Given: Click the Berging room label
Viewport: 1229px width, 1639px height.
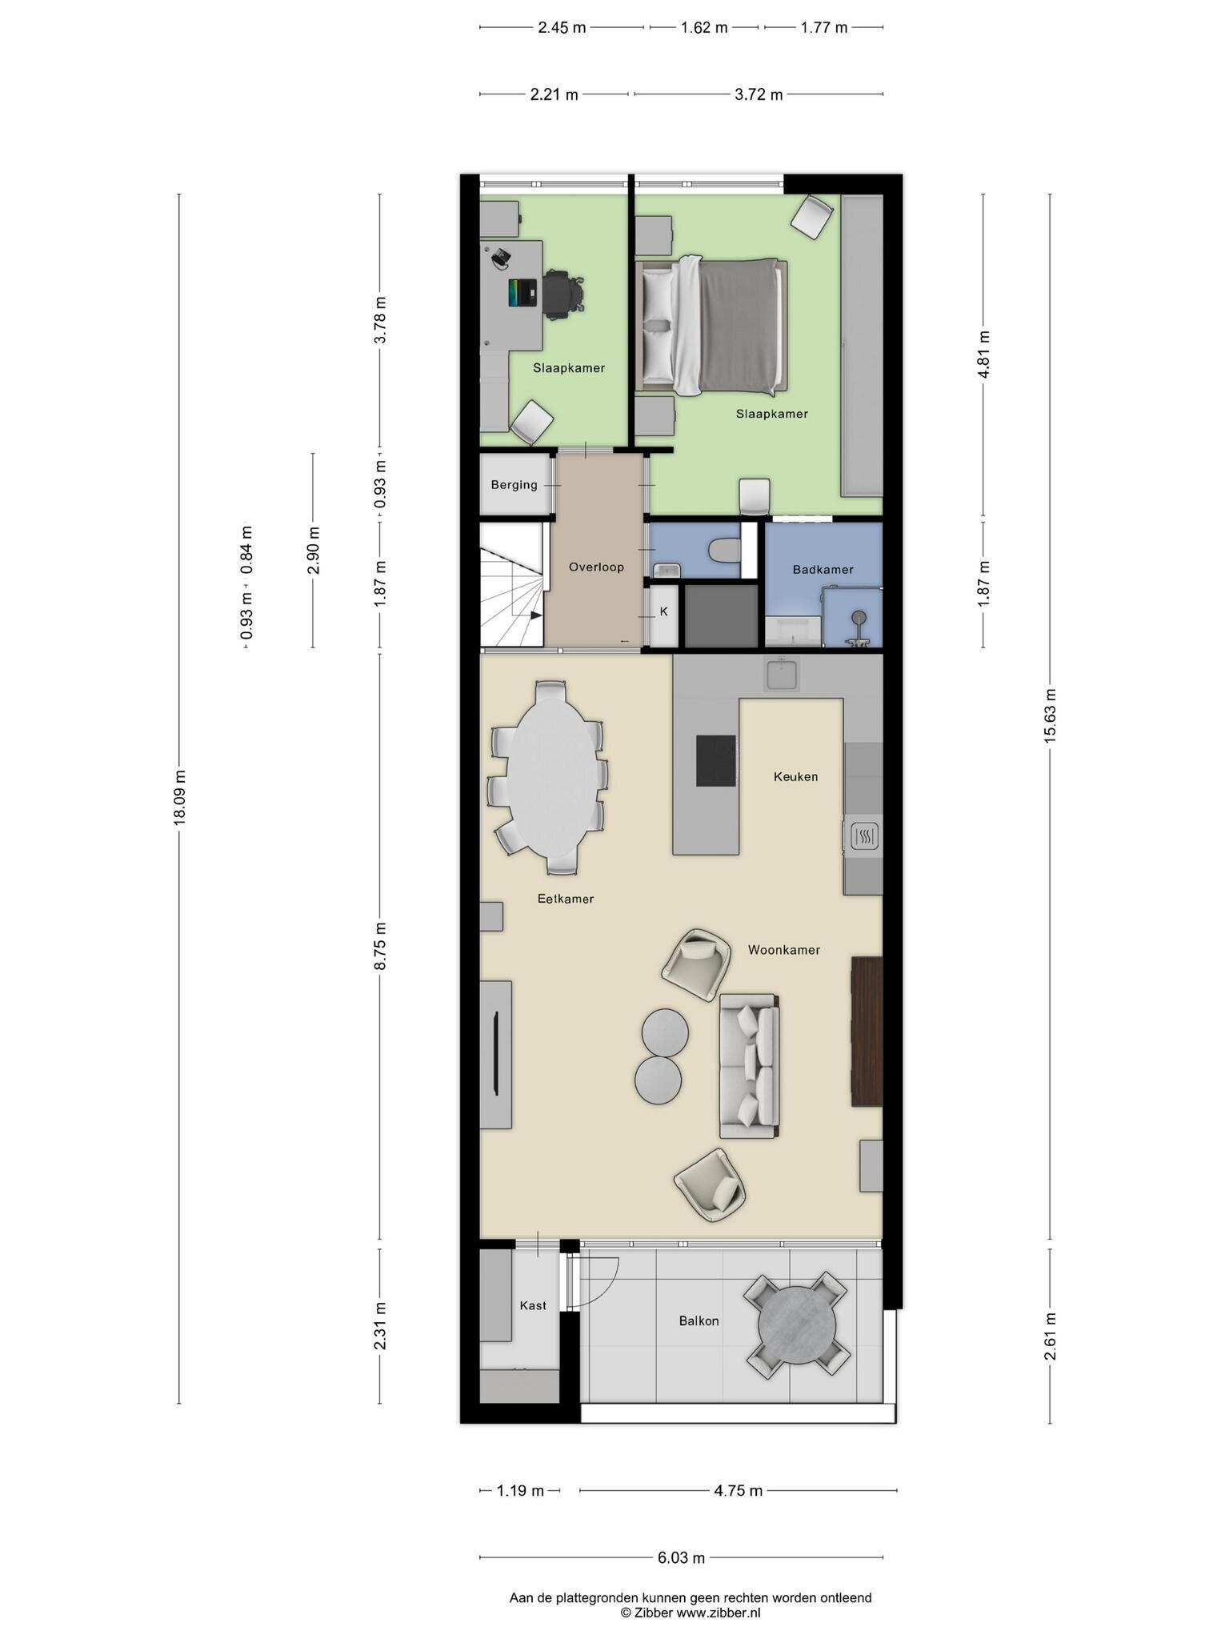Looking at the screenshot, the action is (x=514, y=485).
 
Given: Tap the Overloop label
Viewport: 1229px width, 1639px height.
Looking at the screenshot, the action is (x=596, y=567).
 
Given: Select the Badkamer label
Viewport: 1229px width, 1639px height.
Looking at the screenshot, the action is (x=823, y=570).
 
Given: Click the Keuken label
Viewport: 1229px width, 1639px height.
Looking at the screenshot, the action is (x=795, y=776).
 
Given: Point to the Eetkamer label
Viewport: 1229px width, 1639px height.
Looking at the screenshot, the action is (x=565, y=899).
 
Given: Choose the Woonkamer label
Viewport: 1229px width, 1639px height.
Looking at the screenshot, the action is (x=783, y=950).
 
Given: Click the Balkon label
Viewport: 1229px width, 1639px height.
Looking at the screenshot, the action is (x=699, y=1320).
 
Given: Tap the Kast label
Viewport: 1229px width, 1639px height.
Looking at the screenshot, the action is (x=533, y=1305).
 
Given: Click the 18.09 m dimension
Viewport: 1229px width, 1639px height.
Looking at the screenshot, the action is (x=179, y=797).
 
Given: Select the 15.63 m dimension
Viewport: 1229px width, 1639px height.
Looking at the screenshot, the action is (x=1050, y=715).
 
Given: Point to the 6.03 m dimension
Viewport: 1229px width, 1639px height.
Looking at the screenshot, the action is (x=681, y=1557).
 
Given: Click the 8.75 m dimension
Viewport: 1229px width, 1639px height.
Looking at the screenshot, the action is (x=380, y=946).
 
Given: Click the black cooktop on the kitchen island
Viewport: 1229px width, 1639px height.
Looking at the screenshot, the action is (x=715, y=760).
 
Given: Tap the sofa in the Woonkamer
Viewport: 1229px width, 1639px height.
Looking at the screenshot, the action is (x=749, y=1065).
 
